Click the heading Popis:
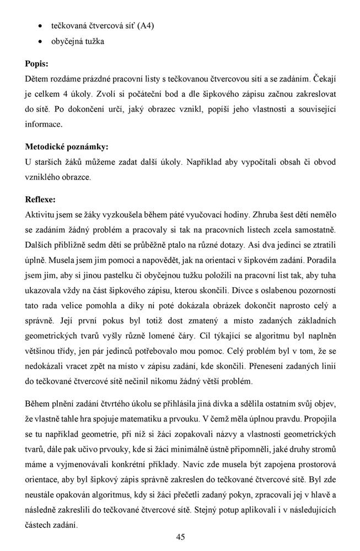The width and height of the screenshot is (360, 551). click(37, 64)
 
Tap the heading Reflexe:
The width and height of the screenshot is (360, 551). click(40, 199)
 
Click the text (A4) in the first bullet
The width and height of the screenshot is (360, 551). click(146, 26)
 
